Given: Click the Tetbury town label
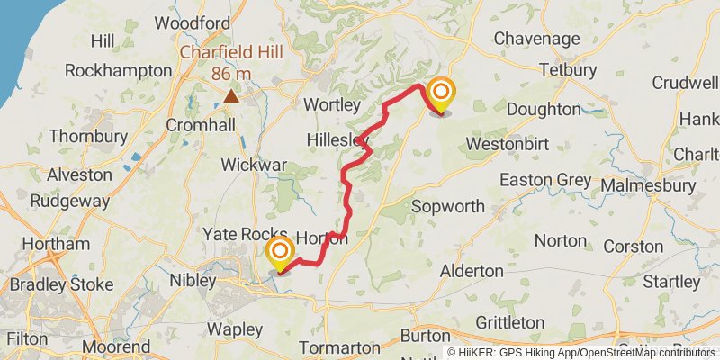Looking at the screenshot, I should [567, 69].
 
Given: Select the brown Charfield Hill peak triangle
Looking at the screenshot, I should [232, 95].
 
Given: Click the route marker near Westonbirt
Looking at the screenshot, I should [441, 95].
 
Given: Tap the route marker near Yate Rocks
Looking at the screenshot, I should [281, 252].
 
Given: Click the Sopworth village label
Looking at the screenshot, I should [448, 206].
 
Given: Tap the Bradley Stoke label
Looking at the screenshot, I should [61, 284].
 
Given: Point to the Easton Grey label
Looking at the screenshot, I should [545, 180].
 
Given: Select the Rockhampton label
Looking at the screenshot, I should [119, 69].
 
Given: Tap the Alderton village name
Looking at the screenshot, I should [472, 270].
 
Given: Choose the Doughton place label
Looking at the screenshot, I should [544, 109].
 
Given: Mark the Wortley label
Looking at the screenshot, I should [332, 104].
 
